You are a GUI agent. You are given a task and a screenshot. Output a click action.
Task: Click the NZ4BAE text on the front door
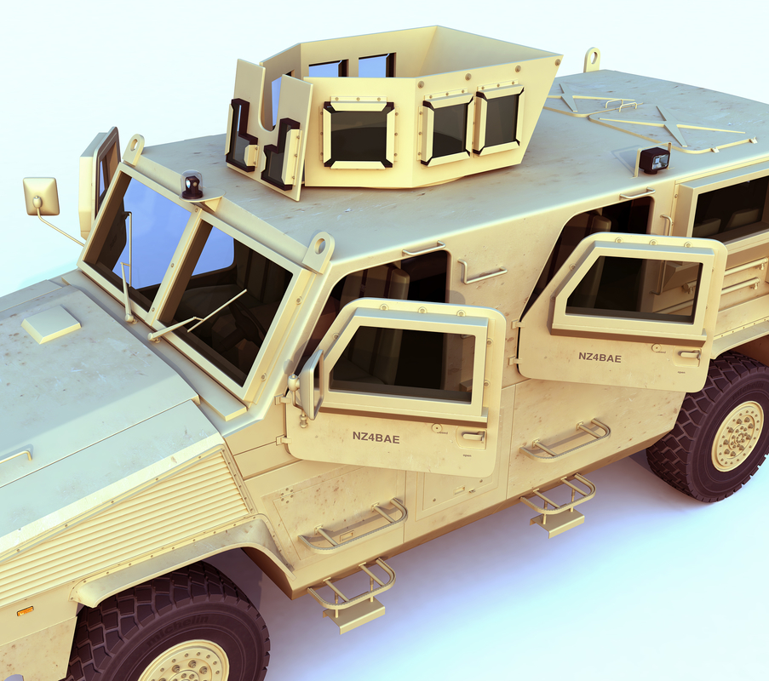[376, 438]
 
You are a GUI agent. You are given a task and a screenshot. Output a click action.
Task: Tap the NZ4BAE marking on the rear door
[600, 358]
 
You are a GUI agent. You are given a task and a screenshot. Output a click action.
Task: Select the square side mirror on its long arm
[41, 196]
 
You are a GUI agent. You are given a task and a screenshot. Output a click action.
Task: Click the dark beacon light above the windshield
[192, 185]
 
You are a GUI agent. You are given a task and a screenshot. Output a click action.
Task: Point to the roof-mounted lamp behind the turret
[653, 159]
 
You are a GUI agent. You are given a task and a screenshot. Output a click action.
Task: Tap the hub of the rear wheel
[737, 435]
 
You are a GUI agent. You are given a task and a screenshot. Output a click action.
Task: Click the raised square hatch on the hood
[50, 323]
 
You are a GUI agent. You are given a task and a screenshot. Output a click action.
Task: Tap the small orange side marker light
[25, 610]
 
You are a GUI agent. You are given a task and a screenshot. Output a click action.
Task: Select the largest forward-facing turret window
[358, 134]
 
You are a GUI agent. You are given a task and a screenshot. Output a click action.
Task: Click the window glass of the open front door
[401, 363]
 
